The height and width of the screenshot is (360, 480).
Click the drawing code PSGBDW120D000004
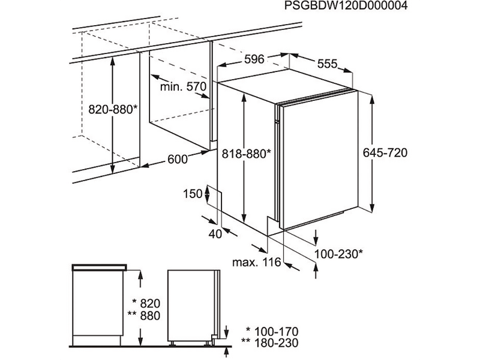pos(346,6)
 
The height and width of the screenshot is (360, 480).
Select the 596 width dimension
pos(254,59)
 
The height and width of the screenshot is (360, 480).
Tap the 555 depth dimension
pos(327,64)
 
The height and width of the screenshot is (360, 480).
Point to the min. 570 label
pos(184,86)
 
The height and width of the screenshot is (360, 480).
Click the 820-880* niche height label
pos(113,109)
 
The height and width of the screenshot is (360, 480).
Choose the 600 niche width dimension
pos(178,159)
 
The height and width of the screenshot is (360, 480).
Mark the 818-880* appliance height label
pos(247,154)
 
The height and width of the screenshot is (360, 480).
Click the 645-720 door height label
pos(385,152)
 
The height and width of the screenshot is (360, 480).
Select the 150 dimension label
pos(193,193)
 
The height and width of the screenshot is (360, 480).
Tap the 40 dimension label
pos(215,234)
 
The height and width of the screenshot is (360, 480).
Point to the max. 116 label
pos(257,262)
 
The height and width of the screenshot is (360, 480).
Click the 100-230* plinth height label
pos(339,254)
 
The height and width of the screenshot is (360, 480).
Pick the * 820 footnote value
pos(146,304)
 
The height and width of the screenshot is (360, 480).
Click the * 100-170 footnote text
pos(272,332)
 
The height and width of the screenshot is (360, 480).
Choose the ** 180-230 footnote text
pos(269,343)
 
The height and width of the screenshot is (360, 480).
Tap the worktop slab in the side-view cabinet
pos(100,267)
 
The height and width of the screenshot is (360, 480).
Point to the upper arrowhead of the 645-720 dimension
pos(372,100)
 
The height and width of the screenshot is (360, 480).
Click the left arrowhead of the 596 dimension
pos(221,64)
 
